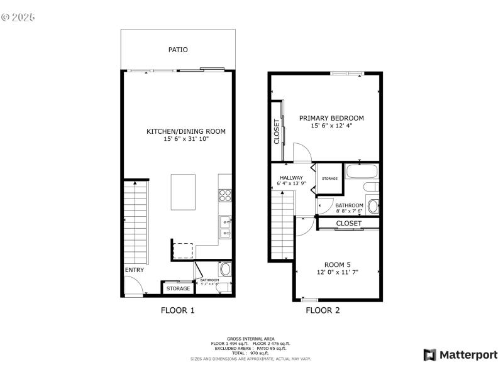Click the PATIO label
coord(178,49)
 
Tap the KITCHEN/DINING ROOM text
coord(185,131)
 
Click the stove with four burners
coord(225,195)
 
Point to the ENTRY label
coord(134,270)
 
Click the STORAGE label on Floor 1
coord(178,288)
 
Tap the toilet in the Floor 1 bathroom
coord(226,271)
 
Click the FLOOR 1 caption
coord(178,310)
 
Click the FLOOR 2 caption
coord(323,310)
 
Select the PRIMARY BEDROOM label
coord(331,118)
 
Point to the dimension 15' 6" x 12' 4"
coord(331,126)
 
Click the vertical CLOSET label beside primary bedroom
coord(276,132)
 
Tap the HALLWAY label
coord(292,178)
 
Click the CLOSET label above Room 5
coord(348,223)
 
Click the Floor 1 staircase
coord(136,222)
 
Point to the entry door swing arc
coord(133,288)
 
